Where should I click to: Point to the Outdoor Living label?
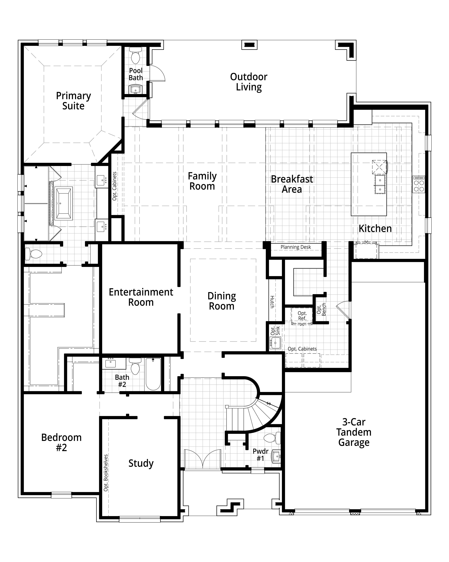[x=249, y=82]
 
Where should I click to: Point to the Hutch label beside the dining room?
[x=272, y=302]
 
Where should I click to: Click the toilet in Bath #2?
[x=135, y=366]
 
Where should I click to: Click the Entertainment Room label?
[x=141, y=297]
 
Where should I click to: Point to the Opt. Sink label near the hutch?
[x=275, y=331]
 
